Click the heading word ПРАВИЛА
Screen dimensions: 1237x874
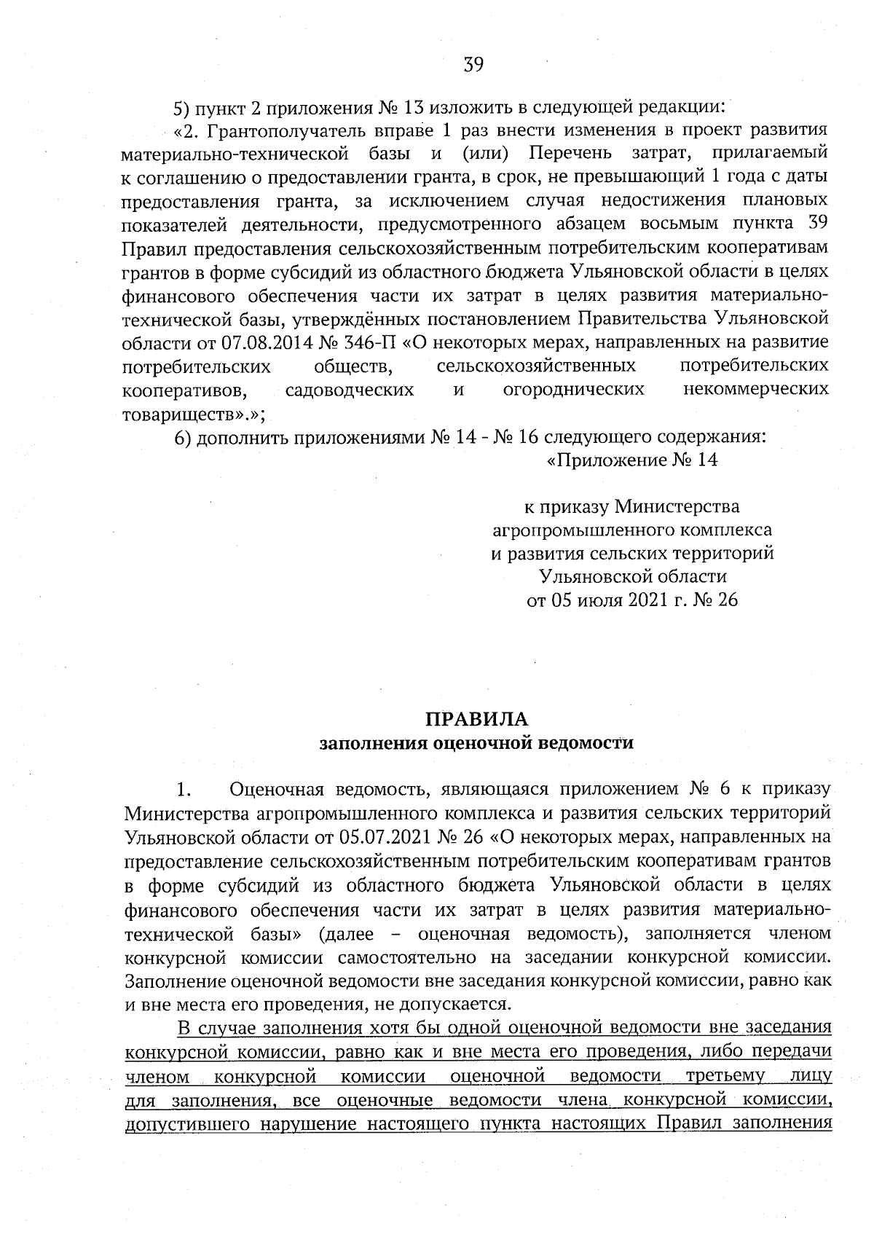pyautogui.click(x=477, y=719)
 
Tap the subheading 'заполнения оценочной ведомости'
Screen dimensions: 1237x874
pyautogui.click(x=477, y=743)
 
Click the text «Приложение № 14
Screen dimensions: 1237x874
pyautogui.click(x=631, y=461)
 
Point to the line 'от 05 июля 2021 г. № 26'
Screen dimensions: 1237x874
pyautogui.click(x=631, y=600)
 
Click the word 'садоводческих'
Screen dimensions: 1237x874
pyautogui.click(x=350, y=389)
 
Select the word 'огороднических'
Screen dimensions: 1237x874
pyautogui.click(x=574, y=389)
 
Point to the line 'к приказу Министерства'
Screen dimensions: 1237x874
pyautogui.click(x=631, y=506)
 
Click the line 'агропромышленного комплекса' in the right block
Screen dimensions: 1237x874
pyautogui.click(x=631, y=530)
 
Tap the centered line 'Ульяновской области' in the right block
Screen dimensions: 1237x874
pyautogui.click(x=631, y=577)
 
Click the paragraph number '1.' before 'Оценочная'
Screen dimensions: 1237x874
pyautogui.click(x=183, y=790)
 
